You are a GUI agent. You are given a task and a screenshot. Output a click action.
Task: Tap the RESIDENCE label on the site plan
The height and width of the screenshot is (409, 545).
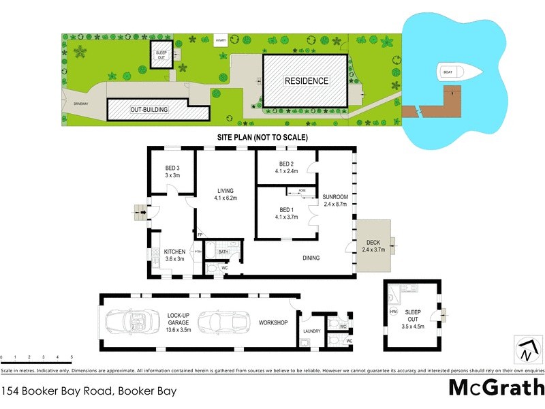307,80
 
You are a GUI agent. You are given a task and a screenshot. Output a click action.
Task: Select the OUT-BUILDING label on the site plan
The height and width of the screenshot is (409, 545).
140,109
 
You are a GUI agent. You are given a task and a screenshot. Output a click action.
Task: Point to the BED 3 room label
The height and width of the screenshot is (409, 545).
172,172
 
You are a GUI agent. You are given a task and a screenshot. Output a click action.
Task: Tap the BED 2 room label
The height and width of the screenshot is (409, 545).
286,167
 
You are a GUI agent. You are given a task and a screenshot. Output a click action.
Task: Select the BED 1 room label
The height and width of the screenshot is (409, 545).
286,213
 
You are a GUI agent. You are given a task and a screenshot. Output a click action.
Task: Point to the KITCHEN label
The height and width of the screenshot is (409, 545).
174,255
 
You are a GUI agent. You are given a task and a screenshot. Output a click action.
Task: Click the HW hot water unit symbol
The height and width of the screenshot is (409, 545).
394,312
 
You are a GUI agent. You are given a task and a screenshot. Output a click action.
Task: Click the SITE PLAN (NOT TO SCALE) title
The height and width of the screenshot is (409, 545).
262,138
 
